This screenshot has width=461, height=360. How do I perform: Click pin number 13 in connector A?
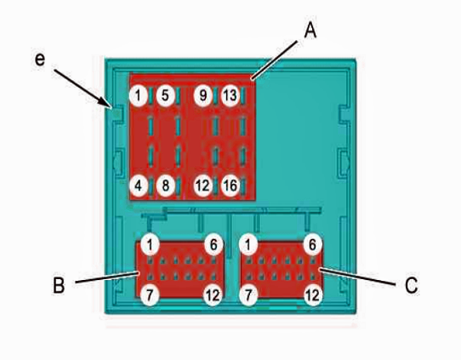(x=230, y=95)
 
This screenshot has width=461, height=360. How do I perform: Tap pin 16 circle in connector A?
(x=230, y=186)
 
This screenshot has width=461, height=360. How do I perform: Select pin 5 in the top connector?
(x=165, y=95)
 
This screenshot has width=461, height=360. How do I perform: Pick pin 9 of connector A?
(x=203, y=95)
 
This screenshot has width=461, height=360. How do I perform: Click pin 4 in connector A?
(x=138, y=186)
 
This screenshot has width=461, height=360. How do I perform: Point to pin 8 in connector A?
(x=166, y=186)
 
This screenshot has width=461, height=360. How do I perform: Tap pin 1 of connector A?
(x=138, y=95)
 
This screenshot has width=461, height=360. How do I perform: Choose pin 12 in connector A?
(x=203, y=186)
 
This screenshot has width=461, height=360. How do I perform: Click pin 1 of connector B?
(x=150, y=244)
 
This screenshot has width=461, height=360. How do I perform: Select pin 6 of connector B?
(x=213, y=244)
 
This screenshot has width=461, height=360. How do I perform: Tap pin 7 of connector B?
(x=150, y=295)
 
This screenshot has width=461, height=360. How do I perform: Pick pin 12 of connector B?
(x=213, y=295)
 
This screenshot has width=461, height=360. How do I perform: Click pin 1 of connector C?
(x=248, y=244)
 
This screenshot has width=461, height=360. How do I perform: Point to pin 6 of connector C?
(x=312, y=244)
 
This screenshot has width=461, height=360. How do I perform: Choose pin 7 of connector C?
(x=248, y=295)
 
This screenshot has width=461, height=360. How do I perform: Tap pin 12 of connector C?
(x=312, y=295)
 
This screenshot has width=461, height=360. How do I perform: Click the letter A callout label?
(x=310, y=31)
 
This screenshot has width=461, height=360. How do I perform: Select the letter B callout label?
(x=59, y=285)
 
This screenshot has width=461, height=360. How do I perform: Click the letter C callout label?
(x=412, y=285)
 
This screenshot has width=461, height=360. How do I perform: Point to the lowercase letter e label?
(x=40, y=60)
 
